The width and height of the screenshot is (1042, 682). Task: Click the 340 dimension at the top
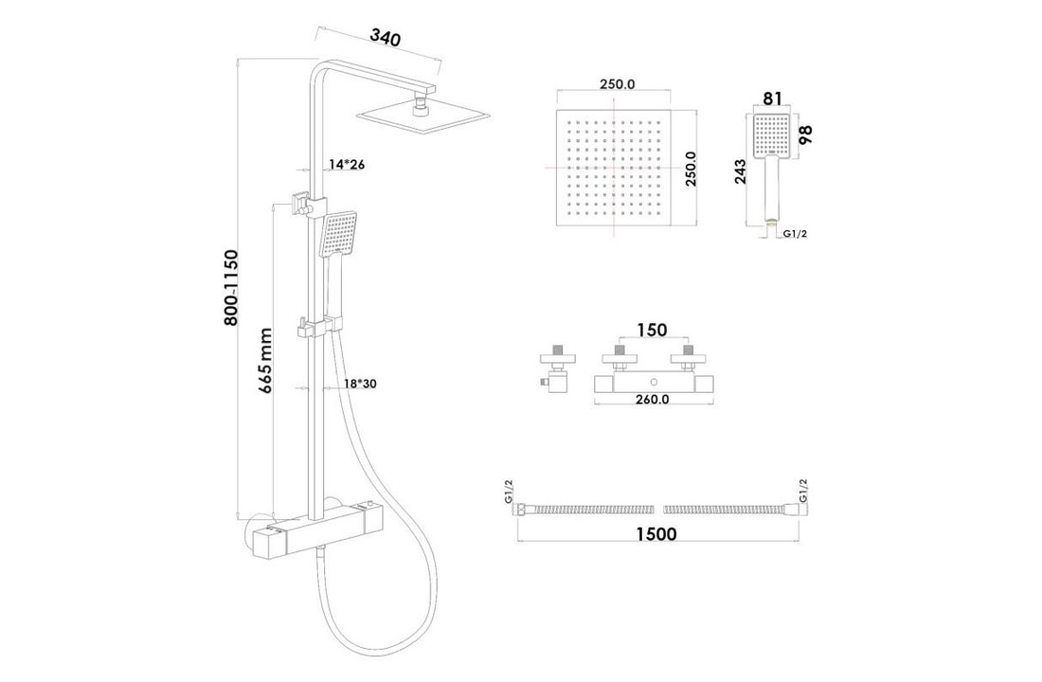[x=386, y=39]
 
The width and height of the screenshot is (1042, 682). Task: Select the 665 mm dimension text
[x=266, y=361]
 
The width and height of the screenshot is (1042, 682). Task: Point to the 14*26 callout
[x=347, y=165]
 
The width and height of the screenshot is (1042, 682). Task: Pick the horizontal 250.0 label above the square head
[x=617, y=84]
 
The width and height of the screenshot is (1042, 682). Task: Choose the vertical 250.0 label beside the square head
[x=692, y=168]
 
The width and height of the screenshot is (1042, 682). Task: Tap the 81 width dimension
[x=772, y=99]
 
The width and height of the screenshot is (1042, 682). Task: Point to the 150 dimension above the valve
[x=652, y=330]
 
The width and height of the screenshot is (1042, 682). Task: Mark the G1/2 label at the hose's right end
[x=803, y=492]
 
